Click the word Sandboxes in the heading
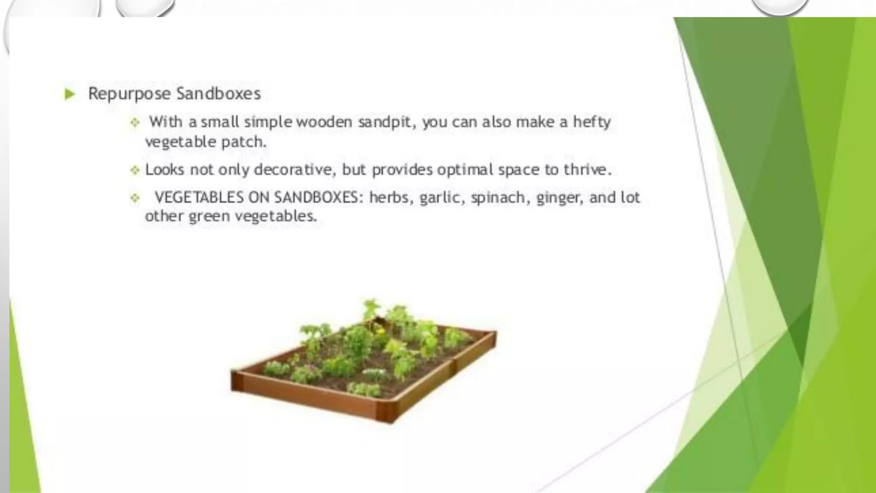218,94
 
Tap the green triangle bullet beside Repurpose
69,94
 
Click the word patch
244,142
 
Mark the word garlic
441,198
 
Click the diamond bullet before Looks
135,170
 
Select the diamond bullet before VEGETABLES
135,198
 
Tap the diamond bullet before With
135,123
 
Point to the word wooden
324,122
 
